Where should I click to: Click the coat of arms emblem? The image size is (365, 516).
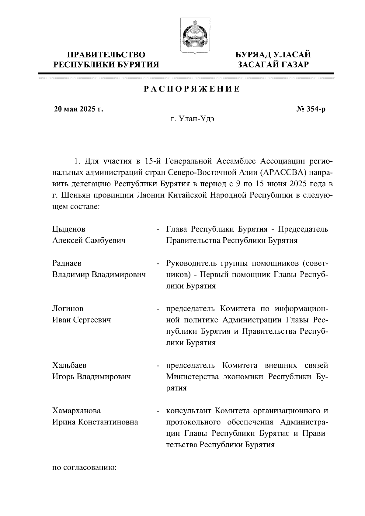tap(193, 36)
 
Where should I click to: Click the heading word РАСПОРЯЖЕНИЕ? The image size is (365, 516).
tap(192, 89)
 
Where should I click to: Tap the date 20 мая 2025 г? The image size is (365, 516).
tap(78, 109)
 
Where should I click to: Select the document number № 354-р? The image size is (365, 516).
tap(311, 109)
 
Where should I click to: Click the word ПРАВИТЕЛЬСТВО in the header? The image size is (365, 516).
tap(106, 55)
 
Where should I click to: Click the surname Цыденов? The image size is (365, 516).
tap(69, 229)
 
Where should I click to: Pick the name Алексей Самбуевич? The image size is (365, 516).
tap(89, 241)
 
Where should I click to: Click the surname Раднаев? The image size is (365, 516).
tap(67, 263)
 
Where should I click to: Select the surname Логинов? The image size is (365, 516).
tap(68, 309)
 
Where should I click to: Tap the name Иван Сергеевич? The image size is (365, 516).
tap(82, 320)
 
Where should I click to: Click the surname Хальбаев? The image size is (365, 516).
tap(69, 365)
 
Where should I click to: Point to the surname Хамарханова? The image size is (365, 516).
tap(76, 411)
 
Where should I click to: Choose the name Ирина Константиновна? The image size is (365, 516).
tap(95, 422)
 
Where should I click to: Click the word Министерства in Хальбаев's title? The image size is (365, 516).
tap(192, 377)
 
